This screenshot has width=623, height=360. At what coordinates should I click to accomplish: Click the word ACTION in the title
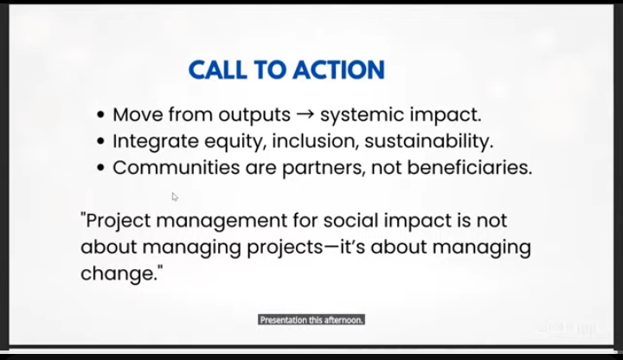(x=337, y=70)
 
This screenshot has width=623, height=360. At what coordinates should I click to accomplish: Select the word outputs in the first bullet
(x=254, y=115)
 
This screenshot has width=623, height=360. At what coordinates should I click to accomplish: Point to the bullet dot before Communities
(x=101, y=168)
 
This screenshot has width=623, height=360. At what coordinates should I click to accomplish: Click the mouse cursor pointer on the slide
(x=175, y=197)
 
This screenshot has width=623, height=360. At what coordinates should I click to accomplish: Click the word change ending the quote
(x=119, y=274)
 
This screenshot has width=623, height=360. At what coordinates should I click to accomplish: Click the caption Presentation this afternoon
(x=311, y=319)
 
